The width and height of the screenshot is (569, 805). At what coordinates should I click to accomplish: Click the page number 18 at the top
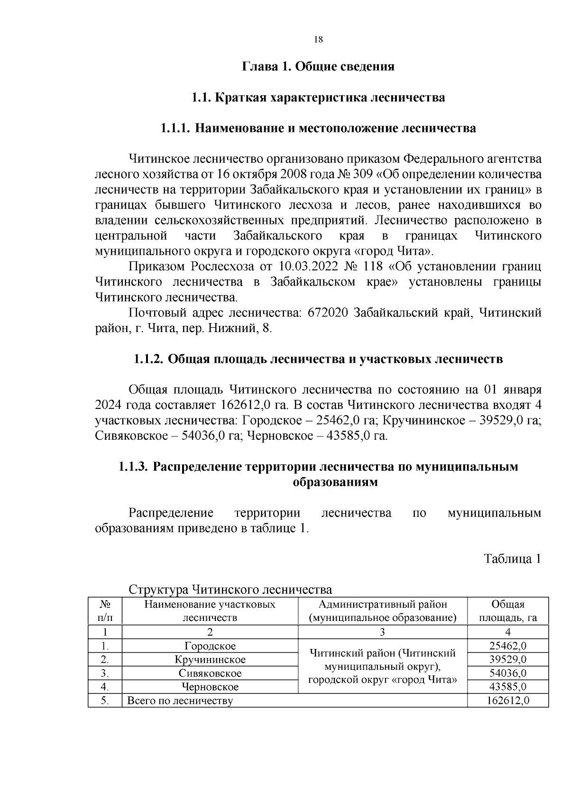(x=318, y=40)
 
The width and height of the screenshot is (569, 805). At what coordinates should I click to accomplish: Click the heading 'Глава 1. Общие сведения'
(x=318, y=66)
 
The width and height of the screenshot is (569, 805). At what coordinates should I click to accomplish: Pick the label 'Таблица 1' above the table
(x=512, y=559)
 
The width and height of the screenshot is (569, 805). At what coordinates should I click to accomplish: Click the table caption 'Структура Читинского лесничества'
(x=230, y=589)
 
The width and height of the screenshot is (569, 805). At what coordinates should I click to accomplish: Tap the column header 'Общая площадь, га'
(x=508, y=611)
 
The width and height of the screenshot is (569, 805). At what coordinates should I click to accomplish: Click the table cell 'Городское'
(x=210, y=646)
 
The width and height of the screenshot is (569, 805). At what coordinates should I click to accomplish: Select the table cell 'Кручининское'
(x=210, y=660)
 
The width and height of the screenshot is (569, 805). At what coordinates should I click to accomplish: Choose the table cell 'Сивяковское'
(x=210, y=674)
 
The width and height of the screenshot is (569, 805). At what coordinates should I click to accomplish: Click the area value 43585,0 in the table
(x=508, y=687)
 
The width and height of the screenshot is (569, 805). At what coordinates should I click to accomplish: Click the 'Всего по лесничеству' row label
(x=180, y=701)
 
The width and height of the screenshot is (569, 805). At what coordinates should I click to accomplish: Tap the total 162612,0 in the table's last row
(x=508, y=701)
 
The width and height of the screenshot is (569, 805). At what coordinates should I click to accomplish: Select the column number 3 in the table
(x=383, y=632)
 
